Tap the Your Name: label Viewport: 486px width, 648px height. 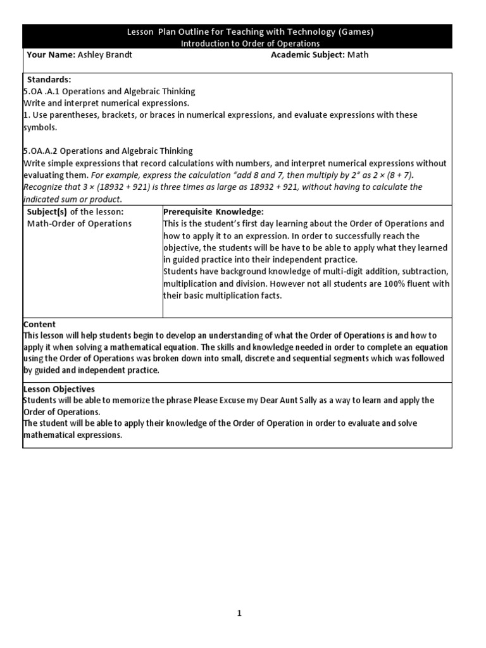51,55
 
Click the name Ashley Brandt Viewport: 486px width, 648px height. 105,55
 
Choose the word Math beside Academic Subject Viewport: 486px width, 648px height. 358,55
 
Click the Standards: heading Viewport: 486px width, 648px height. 49,80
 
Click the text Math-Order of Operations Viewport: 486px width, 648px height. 79,223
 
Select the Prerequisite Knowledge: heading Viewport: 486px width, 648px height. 213,211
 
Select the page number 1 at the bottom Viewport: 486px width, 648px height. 239,613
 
